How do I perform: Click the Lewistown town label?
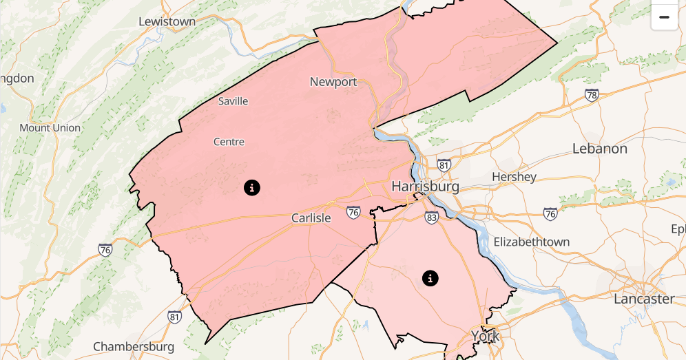pos(167,21)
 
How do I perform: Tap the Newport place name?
pos(333,82)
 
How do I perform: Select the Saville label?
pos(233,101)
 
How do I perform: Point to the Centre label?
pos(229,142)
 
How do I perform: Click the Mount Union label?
pos(50,128)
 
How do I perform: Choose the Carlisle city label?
pos(311,218)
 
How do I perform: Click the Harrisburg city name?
pos(425,187)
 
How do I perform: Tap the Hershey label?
pos(514,177)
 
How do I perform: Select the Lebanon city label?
pos(600,149)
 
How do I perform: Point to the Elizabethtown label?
pos(532,242)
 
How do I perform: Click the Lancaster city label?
pos(644,299)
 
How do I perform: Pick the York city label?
pos(485,336)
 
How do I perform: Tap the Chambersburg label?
pos(134,346)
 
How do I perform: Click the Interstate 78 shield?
pos(592,95)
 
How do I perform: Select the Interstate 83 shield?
pos(432,218)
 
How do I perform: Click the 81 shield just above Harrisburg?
pos(444,166)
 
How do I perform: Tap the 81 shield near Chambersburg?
pos(175,317)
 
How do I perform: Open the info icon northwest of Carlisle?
pos(252,187)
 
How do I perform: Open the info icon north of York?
pos(430,278)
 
